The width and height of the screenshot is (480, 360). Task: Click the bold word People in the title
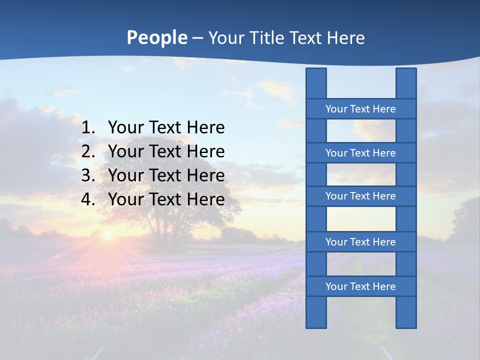click(156, 37)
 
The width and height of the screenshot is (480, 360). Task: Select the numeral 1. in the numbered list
click(88, 128)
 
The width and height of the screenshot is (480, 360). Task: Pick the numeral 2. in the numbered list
click(88, 152)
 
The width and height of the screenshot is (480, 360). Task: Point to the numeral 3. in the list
click(88, 176)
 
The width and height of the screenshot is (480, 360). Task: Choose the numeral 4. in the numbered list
click(88, 200)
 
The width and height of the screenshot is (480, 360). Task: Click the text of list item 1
click(166, 128)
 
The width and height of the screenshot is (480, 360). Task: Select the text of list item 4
click(166, 200)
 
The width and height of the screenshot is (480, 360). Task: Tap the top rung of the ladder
click(360, 109)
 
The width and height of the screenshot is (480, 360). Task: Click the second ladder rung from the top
click(360, 153)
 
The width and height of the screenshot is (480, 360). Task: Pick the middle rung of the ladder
click(360, 196)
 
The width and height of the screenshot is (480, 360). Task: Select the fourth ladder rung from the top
click(360, 242)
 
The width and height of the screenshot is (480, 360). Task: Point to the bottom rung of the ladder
click(360, 286)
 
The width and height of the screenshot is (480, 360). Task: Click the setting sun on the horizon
click(107, 233)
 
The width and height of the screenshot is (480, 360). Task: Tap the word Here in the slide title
click(345, 38)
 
